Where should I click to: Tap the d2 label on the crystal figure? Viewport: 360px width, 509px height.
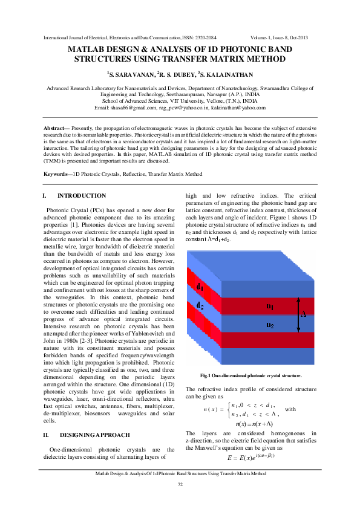pyautogui.click(x=200, y=305)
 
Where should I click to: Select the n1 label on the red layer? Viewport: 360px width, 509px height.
pyautogui.click(x=270, y=306)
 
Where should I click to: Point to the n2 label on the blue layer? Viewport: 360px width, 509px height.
pyautogui.click(x=270, y=325)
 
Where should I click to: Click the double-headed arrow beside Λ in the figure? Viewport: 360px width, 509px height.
pyautogui.click(x=298, y=314)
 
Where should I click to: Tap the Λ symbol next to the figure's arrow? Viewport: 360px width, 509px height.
pyautogui.click(x=304, y=314)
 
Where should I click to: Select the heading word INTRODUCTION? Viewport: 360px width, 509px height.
pyautogui.click(x=82, y=196)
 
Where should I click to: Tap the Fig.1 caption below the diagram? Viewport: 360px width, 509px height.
pyautogui.click(x=246, y=375)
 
